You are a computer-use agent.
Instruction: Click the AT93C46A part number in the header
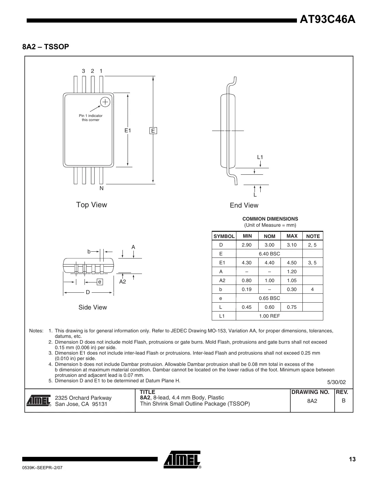[x=327, y=20]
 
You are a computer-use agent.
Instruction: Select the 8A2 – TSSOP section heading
[x=45, y=47]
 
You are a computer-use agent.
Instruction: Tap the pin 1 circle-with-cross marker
[x=105, y=102]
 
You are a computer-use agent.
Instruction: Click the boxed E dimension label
[x=153, y=131]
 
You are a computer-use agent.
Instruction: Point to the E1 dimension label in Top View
[x=128, y=130]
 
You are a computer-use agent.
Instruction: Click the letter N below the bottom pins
[x=101, y=188]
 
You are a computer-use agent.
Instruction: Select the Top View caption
[x=91, y=205]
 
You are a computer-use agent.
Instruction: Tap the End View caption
[x=244, y=206]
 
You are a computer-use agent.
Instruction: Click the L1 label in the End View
[x=260, y=157]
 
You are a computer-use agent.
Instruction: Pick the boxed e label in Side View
[x=100, y=282]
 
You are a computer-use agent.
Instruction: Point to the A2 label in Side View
[x=122, y=282]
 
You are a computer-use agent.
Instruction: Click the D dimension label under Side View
[x=88, y=292]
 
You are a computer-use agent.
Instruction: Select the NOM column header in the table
[x=269, y=236]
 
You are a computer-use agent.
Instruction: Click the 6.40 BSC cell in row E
[x=269, y=254]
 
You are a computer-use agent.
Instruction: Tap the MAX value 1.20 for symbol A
[x=291, y=272]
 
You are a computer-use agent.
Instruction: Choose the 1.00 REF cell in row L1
[x=269, y=316]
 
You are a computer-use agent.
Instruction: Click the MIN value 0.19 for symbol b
[x=246, y=289]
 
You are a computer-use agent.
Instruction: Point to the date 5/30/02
[x=337, y=382]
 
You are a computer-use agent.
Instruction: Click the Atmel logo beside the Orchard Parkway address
[x=39, y=401]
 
